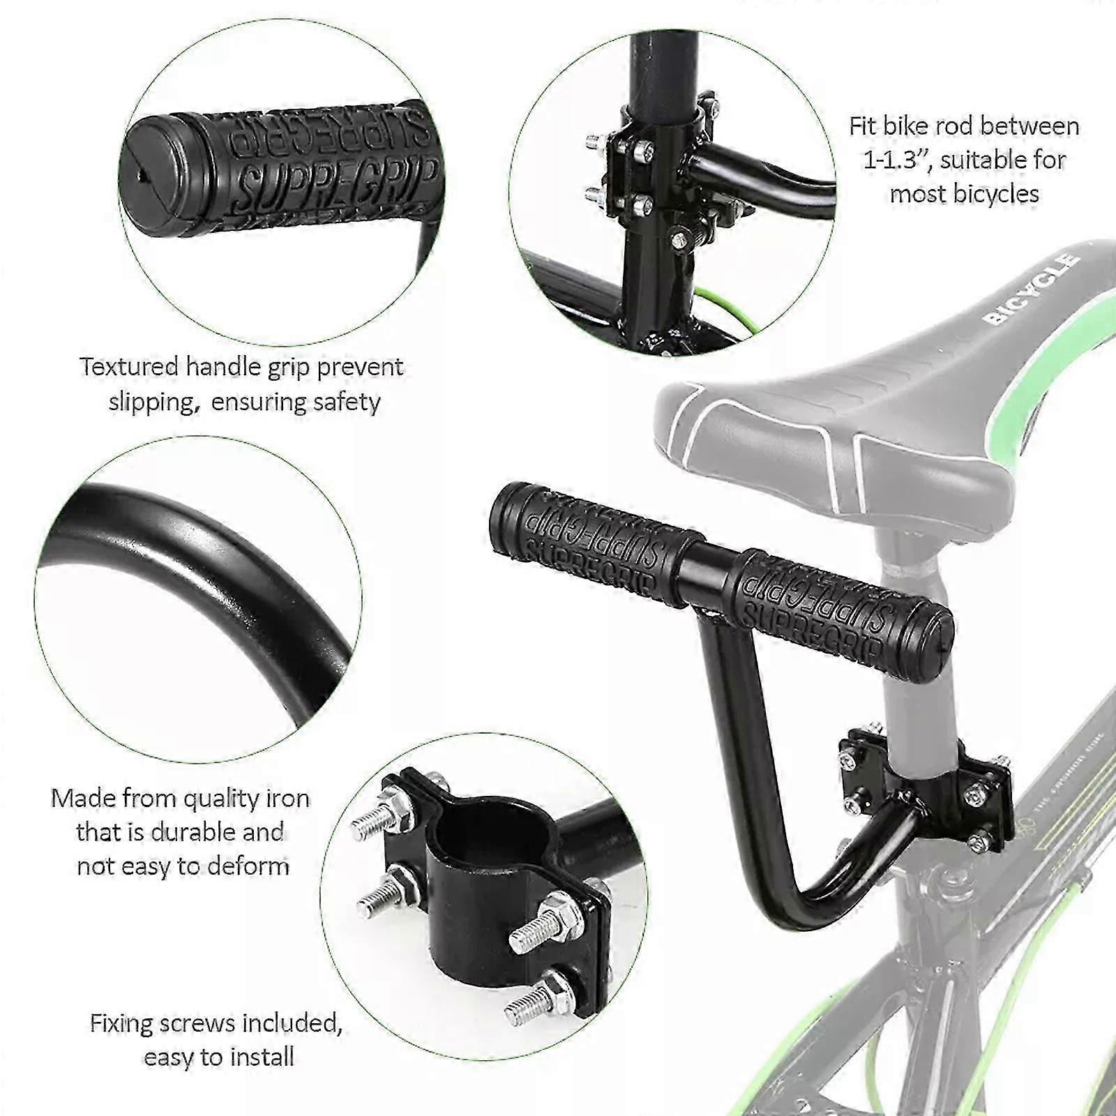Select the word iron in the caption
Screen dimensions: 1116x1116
click(287, 799)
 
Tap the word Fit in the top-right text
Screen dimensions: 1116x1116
click(861, 126)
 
